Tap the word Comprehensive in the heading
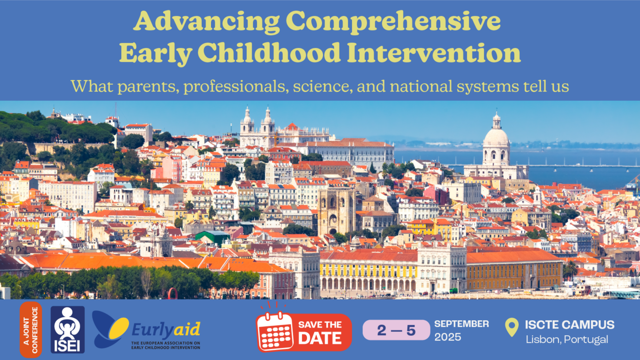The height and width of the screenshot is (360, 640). click(393, 21)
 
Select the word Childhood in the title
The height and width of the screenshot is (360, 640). click(269, 53)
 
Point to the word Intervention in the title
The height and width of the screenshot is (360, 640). click(434, 53)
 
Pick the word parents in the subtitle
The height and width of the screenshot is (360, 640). click(148, 87)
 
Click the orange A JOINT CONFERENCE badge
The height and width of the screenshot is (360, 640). click(31, 330)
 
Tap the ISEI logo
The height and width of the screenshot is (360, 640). click(68, 330)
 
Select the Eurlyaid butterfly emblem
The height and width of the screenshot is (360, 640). click(110, 329)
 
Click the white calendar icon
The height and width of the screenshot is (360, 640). click(275, 331)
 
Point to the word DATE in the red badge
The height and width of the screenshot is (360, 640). click(320, 339)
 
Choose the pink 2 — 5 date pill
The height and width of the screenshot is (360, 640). click(396, 330)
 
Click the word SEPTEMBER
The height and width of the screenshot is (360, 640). click(462, 324)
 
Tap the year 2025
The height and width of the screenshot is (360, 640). click(448, 337)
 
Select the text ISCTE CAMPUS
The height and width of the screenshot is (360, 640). click(570, 325)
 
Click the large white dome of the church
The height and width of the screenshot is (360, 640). click(496, 138)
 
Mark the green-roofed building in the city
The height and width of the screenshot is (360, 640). click(212, 236)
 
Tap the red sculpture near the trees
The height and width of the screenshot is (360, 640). click(173, 294)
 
